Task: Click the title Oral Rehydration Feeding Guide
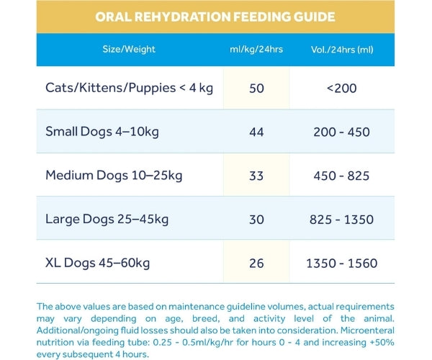coord(215,16)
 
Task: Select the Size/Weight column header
coord(129,50)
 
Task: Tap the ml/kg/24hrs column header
coord(256,50)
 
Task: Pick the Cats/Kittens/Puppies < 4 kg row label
coord(130,88)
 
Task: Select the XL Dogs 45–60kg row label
coord(97,263)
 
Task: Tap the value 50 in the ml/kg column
coord(256,89)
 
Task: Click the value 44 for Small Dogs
coord(256,132)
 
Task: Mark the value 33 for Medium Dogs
coord(256,176)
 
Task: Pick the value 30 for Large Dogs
coord(256,220)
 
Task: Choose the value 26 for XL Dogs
coord(256,264)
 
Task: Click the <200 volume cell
coord(341,89)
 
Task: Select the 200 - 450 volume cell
coord(341,132)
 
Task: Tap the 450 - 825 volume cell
coord(341,176)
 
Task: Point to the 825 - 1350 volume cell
coord(341,220)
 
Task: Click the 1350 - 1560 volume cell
coord(341,264)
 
